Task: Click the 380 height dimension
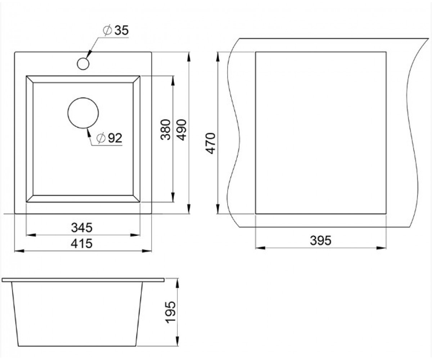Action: [166, 130]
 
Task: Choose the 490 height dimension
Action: [182, 130]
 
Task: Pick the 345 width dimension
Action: [82, 228]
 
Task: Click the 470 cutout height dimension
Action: [211, 143]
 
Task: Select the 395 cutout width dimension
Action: [320, 240]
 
